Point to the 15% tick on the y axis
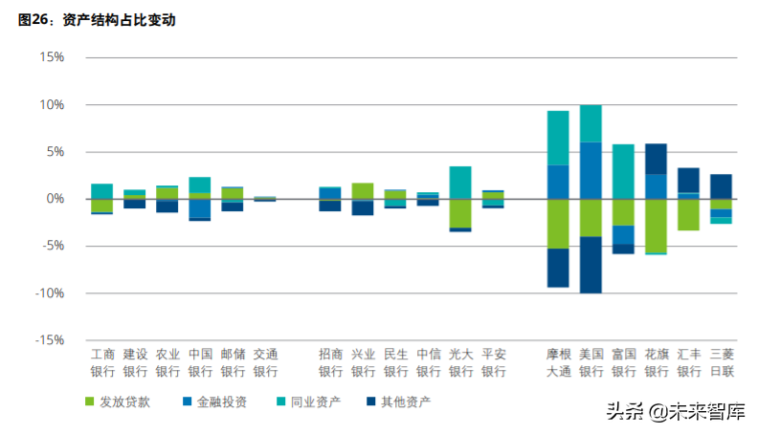(51, 57)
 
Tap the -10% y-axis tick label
(48, 293)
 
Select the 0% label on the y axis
(55, 199)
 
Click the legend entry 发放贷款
(123, 402)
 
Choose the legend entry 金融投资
(213, 402)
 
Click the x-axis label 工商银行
(102, 362)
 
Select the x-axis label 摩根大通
(559, 362)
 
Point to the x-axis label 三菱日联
(721, 362)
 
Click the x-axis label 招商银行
(330, 362)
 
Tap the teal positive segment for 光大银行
(460, 183)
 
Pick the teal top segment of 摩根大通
(558, 138)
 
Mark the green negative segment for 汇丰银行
(688, 214)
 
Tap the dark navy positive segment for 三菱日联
(721, 186)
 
